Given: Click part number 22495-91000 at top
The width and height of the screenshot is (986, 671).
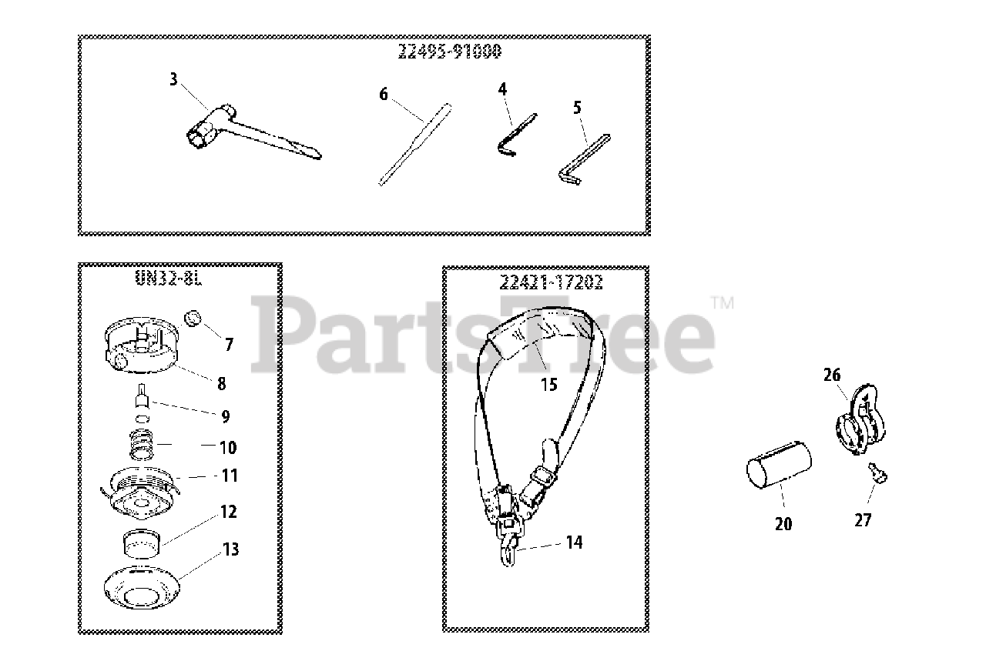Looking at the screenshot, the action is click(449, 52).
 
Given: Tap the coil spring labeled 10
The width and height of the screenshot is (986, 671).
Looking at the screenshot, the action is click(143, 445).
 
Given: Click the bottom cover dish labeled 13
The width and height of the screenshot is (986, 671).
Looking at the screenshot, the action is click(142, 589).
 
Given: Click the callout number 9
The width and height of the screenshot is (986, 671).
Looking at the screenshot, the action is click(225, 416).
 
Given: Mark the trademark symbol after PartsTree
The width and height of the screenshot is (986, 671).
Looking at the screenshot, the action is click(724, 303).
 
